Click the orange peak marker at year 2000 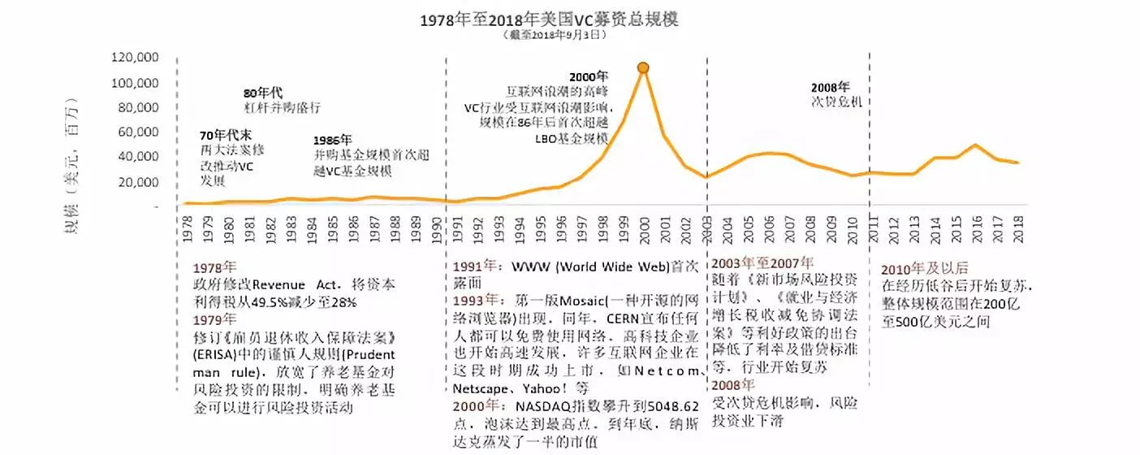(x=643, y=67)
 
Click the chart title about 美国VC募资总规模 (x=549, y=19)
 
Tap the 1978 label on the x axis (x=188, y=228)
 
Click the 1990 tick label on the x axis (x=435, y=228)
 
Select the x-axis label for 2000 (x=643, y=228)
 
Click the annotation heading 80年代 (x=263, y=93)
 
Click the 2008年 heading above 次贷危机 (x=831, y=87)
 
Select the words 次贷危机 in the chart (x=837, y=102)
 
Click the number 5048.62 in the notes (x=667, y=406)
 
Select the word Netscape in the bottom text (x=478, y=388)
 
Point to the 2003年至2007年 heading (x=762, y=262)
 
